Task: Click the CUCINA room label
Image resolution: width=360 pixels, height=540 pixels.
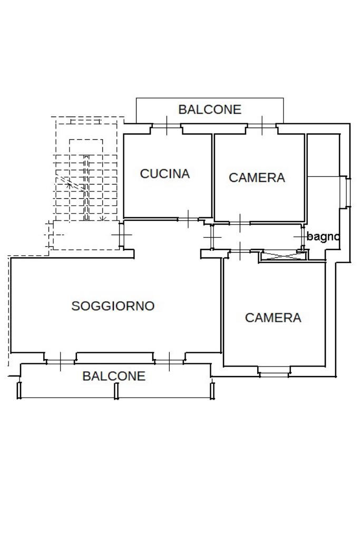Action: coord(164,173)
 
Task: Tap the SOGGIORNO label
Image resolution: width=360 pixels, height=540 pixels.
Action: coord(113,306)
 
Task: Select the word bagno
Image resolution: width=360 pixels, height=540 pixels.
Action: coord(323,237)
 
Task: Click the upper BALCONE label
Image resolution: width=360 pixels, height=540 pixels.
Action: coord(209,110)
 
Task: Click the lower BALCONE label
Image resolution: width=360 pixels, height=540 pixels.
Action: coord(113,376)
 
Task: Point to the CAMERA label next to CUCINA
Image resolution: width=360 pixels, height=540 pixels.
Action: coord(257,178)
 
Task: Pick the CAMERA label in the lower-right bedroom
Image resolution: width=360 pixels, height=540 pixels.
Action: coord(273,317)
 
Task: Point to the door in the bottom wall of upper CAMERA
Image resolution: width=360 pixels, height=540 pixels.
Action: coord(239,223)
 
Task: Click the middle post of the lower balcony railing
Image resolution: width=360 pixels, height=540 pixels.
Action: coord(116,390)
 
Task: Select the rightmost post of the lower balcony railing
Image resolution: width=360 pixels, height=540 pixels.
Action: coord(212,390)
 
